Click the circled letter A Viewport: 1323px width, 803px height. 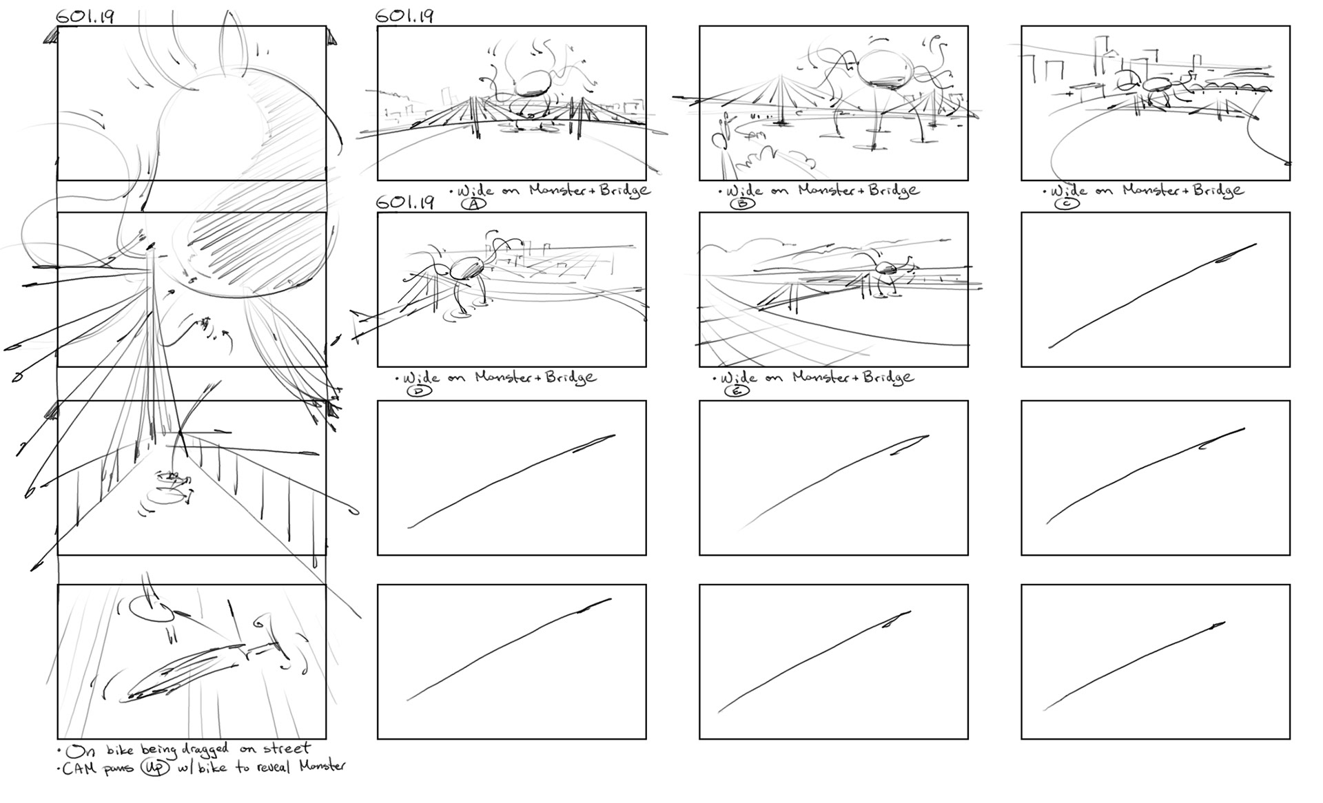474,204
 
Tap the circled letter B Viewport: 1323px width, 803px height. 742,204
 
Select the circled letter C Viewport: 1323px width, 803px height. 1067,204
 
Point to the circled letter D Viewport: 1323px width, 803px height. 419,391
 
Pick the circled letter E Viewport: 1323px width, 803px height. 737,391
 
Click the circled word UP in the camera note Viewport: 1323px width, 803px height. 155,768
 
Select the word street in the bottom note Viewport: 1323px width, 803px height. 285,749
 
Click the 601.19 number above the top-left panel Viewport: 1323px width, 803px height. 85,17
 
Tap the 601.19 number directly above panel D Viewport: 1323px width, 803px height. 405,202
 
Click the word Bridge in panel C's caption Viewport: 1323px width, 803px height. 1218,190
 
